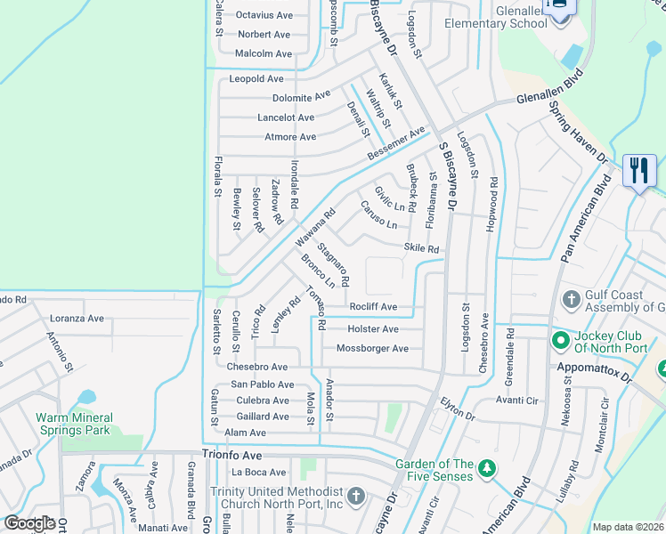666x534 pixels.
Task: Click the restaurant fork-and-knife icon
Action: pos(638,171)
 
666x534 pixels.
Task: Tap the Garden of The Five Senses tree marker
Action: pos(486,467)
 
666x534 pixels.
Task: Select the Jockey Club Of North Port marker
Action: pos(560,340)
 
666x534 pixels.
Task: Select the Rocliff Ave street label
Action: pos(373,307)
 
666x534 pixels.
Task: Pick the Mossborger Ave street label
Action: pos(373,348)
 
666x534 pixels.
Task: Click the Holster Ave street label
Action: pos(373,328)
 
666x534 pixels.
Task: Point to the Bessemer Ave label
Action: pos(397,144)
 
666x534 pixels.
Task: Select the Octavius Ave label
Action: pos(264,15)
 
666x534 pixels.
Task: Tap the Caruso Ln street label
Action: pos(378,214)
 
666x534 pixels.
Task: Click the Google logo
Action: pos(29,523)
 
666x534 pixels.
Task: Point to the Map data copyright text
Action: pos(628,527)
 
